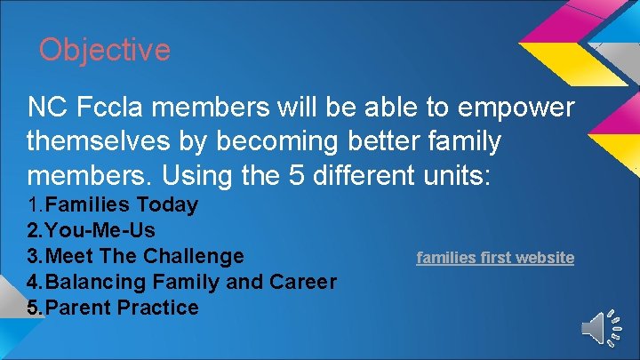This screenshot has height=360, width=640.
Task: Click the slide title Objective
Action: pos(104,49)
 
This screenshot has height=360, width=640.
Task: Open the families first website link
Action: pos(495,257)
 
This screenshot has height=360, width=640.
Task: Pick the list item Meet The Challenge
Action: pos(135,256)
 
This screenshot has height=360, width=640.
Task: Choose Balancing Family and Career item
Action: pos(181,282)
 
